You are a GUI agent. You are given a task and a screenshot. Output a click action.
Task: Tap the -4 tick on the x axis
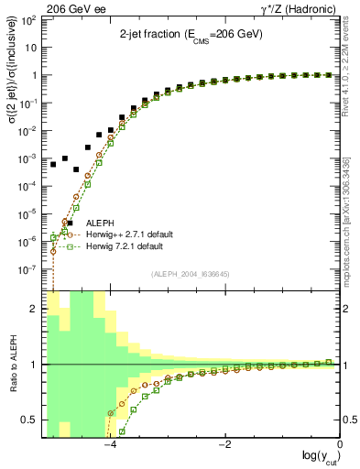pyautogui.click(x=109, y=445)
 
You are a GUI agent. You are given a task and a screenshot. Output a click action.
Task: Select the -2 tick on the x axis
pyautogui.click(x=224, y=445)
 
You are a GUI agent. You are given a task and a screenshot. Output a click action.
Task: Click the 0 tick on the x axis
pyautogui.click(x=340, y=445)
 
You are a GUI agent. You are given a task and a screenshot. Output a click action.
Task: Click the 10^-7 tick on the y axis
pyautogui.click(x=29, y=270)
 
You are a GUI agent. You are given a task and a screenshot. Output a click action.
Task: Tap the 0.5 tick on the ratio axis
pyautogui.click(x=32, y=420)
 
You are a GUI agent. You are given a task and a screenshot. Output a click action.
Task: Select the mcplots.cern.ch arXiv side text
pyautogui.click(x=353, y=220)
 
